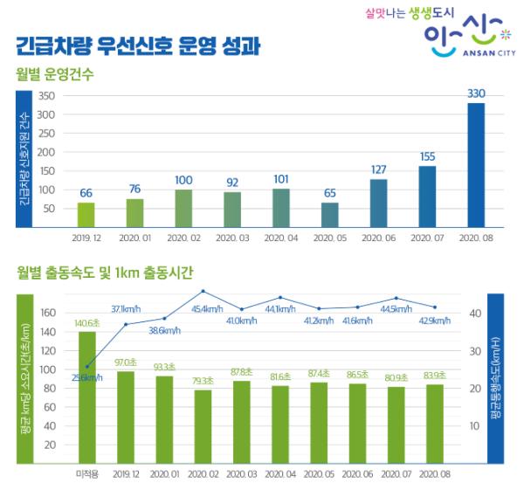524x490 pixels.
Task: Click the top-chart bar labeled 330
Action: (475, 165)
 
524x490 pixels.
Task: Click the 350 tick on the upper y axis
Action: (47, 96)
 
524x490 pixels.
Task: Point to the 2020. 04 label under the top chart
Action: (280, 238)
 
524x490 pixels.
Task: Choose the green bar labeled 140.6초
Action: (86, 397)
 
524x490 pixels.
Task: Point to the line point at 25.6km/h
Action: (86, 366)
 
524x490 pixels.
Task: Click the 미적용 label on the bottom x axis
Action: (86, 473)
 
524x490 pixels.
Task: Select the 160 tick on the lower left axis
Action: (48, 312)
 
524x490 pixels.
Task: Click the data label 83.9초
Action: (434, 376)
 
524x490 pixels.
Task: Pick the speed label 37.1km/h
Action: (128, 308)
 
